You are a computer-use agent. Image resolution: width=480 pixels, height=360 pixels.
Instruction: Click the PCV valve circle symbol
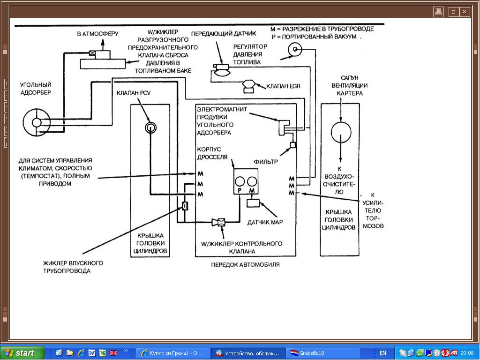150,127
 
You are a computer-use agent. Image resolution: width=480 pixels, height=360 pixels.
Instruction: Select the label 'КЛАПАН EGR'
283,86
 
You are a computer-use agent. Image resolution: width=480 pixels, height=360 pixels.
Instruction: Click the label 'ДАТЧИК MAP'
265,222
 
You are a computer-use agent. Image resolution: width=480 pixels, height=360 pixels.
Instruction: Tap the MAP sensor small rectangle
253,204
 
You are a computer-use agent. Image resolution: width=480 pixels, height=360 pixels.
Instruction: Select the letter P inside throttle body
240,191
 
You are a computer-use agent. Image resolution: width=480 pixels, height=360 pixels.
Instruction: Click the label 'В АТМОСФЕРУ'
98,34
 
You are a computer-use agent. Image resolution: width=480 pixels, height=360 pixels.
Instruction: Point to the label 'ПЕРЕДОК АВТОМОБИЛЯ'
245,265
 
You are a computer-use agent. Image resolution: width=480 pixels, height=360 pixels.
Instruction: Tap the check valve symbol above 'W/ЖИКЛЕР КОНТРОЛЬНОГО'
219,222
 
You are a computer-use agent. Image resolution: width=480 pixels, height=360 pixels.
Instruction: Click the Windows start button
22,353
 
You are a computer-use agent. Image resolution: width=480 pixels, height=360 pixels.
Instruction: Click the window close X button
465,12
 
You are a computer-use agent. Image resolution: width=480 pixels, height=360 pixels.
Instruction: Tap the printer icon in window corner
438,12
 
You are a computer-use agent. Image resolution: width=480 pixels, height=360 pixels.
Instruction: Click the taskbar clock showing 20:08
467,353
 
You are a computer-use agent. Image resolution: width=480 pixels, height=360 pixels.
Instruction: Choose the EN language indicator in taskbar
383,353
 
